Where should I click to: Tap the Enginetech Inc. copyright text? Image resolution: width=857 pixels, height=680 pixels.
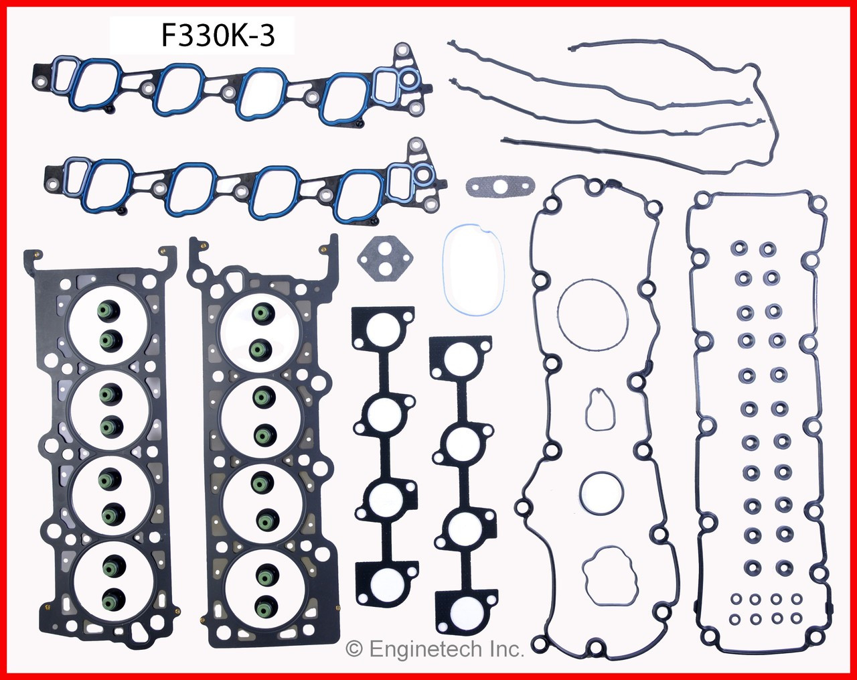435,649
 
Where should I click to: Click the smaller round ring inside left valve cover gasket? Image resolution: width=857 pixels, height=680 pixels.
600,492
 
